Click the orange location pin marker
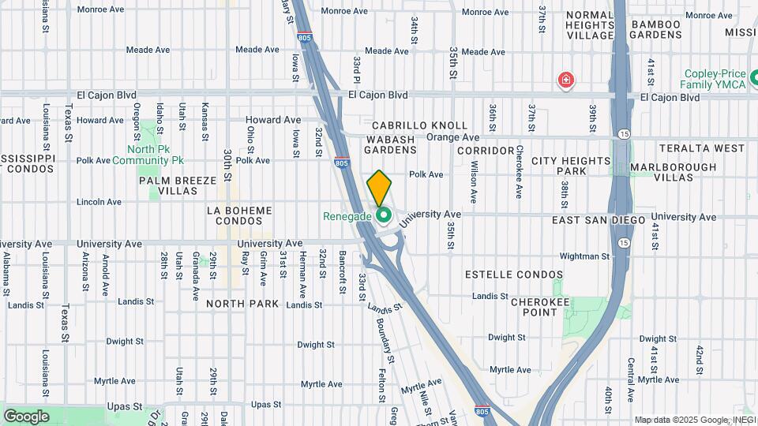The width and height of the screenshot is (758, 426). pyautogui.click(x=380, y=188)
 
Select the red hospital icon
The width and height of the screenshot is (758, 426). pyautogui.click(x=565, y=80)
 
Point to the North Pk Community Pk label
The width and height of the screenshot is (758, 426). pyautogui.click(x=148, y=155)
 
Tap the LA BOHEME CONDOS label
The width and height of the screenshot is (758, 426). pyautogui.click(x=238, y=215)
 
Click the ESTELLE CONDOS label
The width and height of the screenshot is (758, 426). pyautogui.click(x=514, y=275)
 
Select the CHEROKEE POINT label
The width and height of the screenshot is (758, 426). pyautogui.click(x=545, y=307)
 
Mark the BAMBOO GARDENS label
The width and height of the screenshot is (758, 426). pyautogui.click(x=656, y=30)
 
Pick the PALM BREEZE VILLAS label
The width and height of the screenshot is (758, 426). pyautogui.click(x=178, y=185)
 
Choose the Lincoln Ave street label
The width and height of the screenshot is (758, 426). pyautogui.click(x=99, y=203)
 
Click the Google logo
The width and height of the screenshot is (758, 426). pyautogui.click(x=26, y=416)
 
